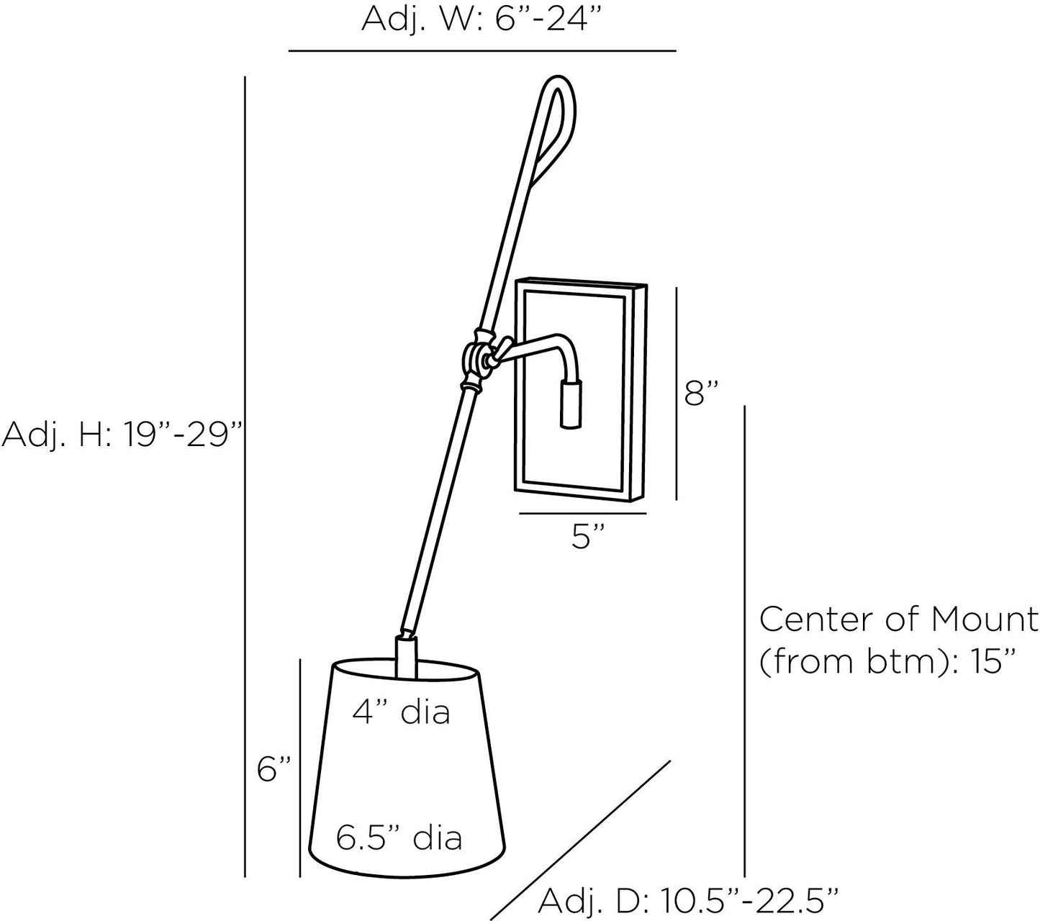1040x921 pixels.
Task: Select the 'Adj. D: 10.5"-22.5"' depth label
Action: point(688,900)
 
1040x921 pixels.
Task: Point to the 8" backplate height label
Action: point(702,394)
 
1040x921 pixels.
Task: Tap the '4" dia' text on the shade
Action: point(401,712)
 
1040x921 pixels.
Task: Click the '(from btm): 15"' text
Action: point(887,662)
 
